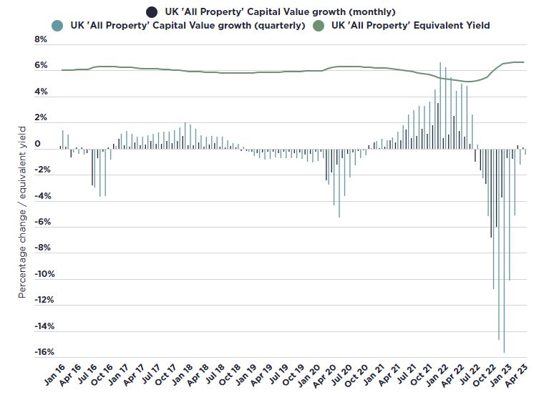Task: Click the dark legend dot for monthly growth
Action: point(152,11)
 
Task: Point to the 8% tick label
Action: point(41,40)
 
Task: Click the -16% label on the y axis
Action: point(37,353)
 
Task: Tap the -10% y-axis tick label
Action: point(37,275)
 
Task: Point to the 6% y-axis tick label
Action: point(41,66)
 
